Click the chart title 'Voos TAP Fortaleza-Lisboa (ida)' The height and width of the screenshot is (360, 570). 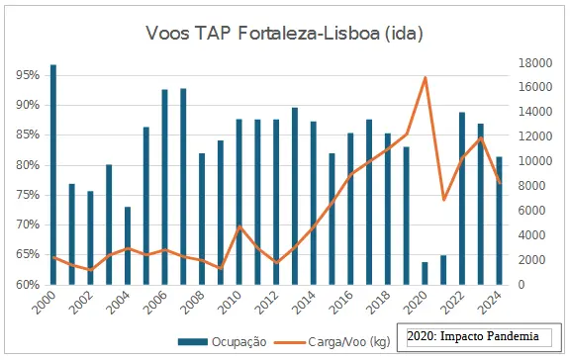(284, 34)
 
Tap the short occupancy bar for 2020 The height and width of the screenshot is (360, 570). (425, 274)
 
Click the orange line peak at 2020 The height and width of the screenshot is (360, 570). (425, 77)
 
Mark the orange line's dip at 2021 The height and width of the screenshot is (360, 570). (443, 200)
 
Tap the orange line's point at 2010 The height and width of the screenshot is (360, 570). (238, 226)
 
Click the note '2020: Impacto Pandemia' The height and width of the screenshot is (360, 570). (473, 337)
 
